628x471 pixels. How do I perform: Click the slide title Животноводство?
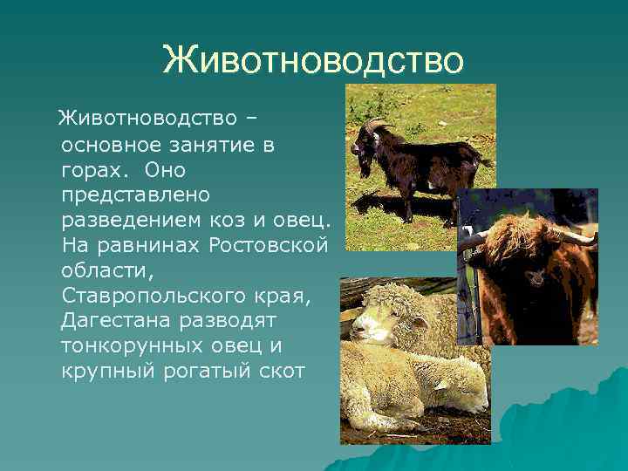click(313, 60)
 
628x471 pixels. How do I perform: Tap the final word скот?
click(278, 369)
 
